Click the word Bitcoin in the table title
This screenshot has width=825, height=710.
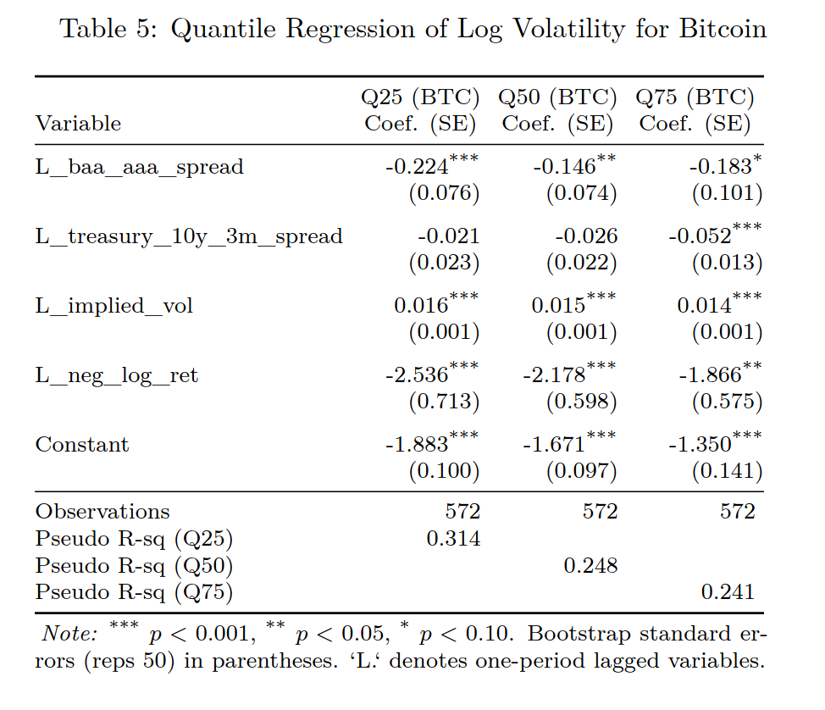[723, 29]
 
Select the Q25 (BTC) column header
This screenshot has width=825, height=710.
[420, 97]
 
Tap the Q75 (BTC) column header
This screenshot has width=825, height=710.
[695, 97]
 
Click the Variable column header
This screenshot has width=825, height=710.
[78, 124]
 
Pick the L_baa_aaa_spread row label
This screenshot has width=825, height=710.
[139, 167]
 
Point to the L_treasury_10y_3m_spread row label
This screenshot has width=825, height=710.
[188, 236]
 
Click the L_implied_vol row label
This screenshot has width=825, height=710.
[114, 306]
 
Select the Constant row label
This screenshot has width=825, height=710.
[82, 445]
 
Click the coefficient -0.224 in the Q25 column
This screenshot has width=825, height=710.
[417, 166]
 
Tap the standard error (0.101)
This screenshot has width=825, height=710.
[727, 193]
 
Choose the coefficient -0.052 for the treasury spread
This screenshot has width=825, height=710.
[699, 236]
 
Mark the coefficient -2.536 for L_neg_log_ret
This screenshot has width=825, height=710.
[417, 374]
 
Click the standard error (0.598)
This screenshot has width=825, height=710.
[581, 402]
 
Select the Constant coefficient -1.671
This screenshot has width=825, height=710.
[555, 444]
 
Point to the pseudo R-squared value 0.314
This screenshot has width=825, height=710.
[453, 539]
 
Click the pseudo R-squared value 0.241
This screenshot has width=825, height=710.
[728, 592]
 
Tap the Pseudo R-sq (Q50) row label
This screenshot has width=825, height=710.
[134, 566]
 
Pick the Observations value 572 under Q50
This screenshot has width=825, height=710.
[600, 512]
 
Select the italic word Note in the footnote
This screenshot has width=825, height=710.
[70, 635]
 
